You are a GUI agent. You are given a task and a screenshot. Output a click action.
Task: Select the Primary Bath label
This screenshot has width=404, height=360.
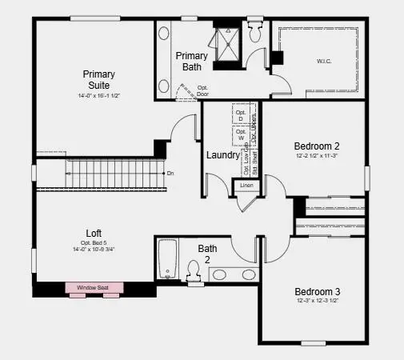tap(192, 62)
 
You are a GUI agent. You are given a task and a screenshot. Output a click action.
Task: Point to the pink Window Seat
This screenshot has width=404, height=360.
tap(95, 287)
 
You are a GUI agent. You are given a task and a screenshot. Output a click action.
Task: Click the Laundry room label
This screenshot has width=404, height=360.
tap(223, 155)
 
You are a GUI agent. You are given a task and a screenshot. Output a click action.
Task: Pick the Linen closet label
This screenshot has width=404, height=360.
tap(246, 186)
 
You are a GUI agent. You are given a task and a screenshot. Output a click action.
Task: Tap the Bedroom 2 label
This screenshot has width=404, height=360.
tap(317, 146)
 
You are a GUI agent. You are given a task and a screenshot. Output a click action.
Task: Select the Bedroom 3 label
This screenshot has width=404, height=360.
tap(317, 290)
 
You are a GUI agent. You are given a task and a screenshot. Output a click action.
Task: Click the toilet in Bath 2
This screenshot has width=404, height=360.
tap(193, 270)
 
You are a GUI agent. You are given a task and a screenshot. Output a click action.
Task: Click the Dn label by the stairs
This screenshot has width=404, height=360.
tap(170, 173)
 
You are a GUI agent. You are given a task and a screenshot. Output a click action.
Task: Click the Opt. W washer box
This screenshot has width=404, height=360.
tap(241, 134)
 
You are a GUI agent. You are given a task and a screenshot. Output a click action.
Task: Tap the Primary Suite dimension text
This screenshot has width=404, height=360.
tap(100, 96)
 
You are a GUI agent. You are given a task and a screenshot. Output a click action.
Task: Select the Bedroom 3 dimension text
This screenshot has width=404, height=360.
tap(317, 301)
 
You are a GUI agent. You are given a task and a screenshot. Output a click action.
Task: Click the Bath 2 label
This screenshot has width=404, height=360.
tap(208, 254)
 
